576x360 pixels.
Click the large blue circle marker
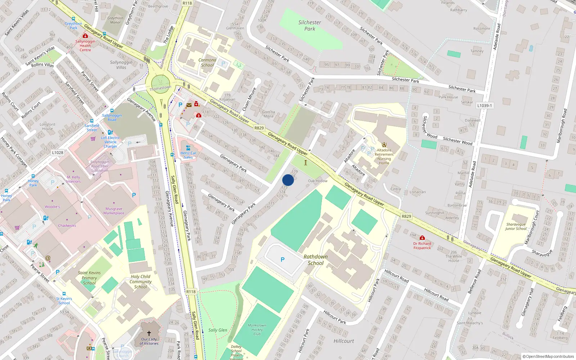coord(288,180)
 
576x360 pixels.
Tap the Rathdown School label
coord(315,260)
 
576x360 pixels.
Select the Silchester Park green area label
coord(310,26)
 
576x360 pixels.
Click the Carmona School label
coord(207,63)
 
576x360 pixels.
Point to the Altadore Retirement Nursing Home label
coord(384,157)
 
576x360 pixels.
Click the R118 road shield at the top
coord(187,3)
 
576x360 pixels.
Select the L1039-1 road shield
coord(485,105)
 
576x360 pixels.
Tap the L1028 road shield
coord(58,153)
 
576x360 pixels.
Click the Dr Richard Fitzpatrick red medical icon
coord(422,238)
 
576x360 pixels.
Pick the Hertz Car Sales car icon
coord(188,148)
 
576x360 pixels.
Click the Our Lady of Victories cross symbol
coord(149,333)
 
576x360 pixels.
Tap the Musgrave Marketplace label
coord(114,211)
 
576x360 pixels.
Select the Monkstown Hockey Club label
coord(257,329)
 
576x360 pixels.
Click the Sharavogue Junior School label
coord(516,226)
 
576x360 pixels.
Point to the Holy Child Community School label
coord(140,282)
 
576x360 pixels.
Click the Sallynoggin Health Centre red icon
coord(85,36)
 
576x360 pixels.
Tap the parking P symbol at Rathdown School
coord(283,260)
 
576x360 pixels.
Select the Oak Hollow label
coord(318,181)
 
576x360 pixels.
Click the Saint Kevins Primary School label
coord(89,278)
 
